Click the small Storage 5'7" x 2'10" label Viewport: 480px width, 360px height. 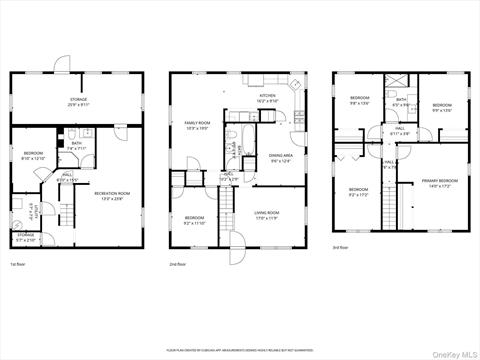click(26, 239)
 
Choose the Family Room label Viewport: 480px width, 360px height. click(197, 126)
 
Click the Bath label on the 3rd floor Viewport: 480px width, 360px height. click(401, 101)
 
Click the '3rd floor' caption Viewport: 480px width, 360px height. click(342, 247)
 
